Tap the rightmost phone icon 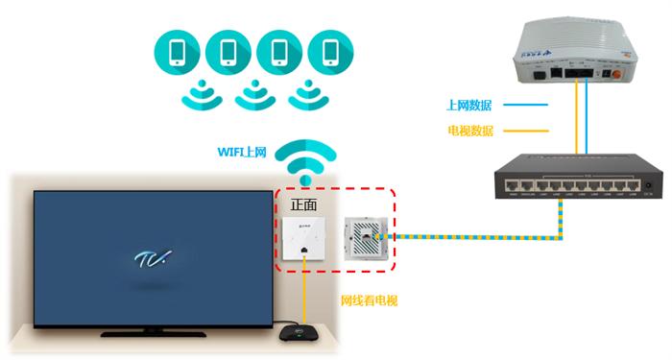click(x=332, y=53)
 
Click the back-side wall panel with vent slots click(x=368, y=236)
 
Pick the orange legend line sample click(x=534, y=130)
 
